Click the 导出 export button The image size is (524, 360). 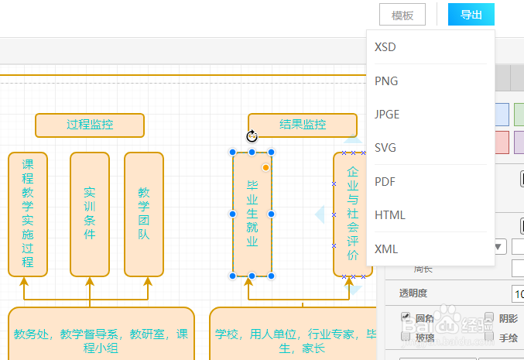[x=471, y=15]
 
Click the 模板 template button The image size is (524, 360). [x=402, y=15]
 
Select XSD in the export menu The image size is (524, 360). [x=385, y=47]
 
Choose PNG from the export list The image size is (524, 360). [x=386, y=81]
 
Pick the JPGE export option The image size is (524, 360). [x=387, y=115]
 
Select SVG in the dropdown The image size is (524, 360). [x=385, y=148]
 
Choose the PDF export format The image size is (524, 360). [x=385, y=182]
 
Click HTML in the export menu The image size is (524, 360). [x=390, y=215]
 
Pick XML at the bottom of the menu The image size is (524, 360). [x=385, y=249]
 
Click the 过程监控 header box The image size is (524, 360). [x=90, y=125]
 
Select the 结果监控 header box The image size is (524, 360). [x=303, y=125]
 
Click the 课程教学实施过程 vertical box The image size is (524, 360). [x=28, y=214]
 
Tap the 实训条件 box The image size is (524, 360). [x=90, y=214]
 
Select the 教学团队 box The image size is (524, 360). [x=144, y=214]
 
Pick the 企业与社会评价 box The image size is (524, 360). [x=353, y=214]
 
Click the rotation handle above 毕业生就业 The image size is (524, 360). [x=252, y=137]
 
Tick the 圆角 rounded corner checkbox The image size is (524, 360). [x=406, y=317]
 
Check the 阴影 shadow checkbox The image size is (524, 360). [x=490, y=317]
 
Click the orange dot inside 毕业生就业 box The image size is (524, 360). [x=265, y=167]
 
